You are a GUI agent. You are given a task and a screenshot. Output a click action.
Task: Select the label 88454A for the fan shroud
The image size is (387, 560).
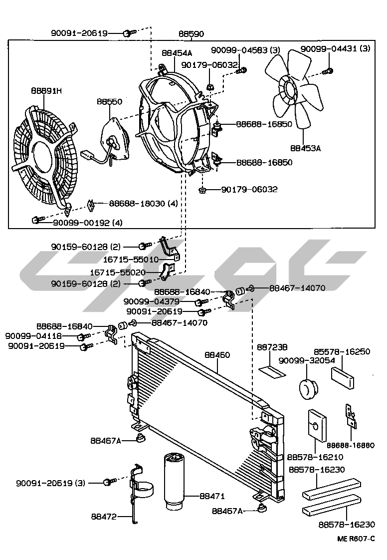tap(177, 52)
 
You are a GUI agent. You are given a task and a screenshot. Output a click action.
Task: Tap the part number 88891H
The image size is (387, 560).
tap(46, 91)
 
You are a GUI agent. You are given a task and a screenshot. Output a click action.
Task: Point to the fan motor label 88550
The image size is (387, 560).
tap(109, 101)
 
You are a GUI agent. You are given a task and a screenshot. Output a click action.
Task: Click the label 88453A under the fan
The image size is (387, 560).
tap(306, 148)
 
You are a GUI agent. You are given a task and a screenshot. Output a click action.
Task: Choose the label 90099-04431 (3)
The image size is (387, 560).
tap(336, 49)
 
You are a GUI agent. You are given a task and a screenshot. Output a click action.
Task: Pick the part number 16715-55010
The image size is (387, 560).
tap(131, 260)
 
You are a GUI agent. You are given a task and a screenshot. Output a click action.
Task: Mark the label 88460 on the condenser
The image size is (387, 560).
tap(217, 355)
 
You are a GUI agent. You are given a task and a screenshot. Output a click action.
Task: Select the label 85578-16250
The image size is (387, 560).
tap(342, 351)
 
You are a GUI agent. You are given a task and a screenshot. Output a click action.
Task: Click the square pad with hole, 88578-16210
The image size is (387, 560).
tap(316, 426)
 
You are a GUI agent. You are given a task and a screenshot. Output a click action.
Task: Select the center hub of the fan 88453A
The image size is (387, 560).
tap(289, 90)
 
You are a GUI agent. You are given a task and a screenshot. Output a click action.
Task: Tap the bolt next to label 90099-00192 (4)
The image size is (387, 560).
tap(36, 220)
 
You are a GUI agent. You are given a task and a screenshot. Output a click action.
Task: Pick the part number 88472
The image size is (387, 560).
tap(104, 517)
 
